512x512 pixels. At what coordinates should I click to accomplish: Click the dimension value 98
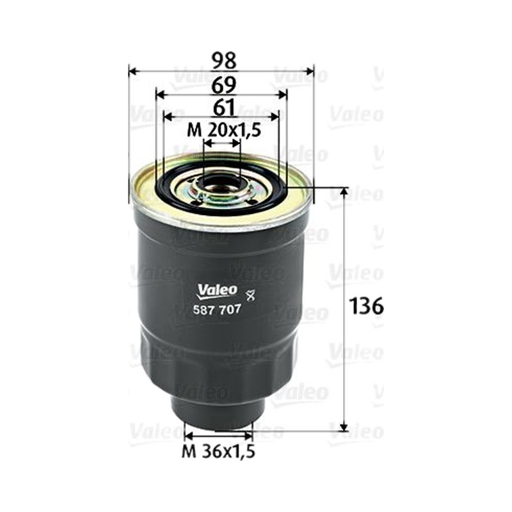click(x=223, y=61)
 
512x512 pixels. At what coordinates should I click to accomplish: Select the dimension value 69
click(x=223, y=86)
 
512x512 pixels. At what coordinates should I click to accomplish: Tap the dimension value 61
click(x=223, y=108)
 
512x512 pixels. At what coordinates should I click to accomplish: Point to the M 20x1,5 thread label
click(x=224, y=131)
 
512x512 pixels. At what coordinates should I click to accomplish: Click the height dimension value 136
click(x=365, y=307)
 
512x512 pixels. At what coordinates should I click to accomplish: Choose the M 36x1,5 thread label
click(x=218, y=452)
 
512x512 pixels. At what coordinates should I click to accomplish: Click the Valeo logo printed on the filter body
click(x=217, y=291)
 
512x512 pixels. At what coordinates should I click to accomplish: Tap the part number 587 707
click(x=217, y=309)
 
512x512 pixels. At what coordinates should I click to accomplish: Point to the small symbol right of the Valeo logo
click(x=250, y=296)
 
